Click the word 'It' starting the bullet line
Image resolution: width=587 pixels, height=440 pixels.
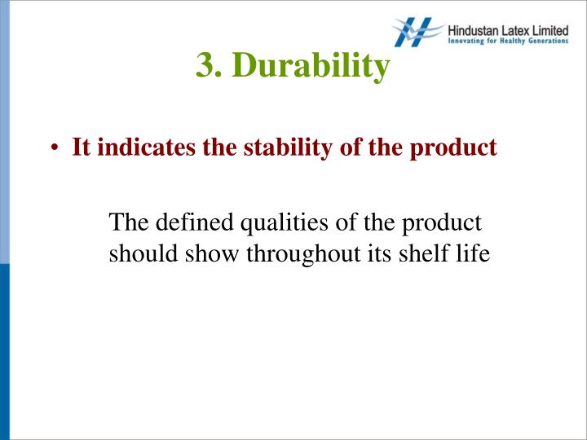click(81, 148)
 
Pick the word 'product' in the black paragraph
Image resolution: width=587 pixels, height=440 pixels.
click(444, 222)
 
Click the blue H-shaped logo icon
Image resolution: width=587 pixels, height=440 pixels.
click(418, 32)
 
